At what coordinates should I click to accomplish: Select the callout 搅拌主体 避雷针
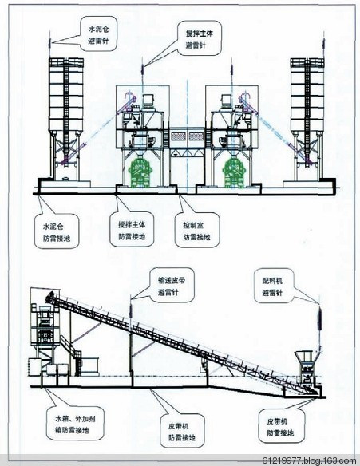[200, 38]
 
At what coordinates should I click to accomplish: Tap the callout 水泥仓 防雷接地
[57, 231]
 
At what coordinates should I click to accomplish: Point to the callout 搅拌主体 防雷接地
[132, 230]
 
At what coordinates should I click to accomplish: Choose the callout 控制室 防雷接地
[197, 230]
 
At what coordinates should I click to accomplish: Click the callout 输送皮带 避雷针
[172, 286]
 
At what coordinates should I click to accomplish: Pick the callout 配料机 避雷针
[272, 286]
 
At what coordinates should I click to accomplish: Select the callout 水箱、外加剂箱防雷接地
[75, 424]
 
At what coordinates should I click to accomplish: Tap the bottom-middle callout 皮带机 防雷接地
[182, 430]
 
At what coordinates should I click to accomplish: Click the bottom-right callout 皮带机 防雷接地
[281, 426]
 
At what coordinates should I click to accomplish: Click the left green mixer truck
[140, 173]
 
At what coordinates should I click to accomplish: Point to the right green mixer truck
[235, 173]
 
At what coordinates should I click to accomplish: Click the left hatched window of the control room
[178, 136]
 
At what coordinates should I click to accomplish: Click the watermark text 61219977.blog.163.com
[309, 460]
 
